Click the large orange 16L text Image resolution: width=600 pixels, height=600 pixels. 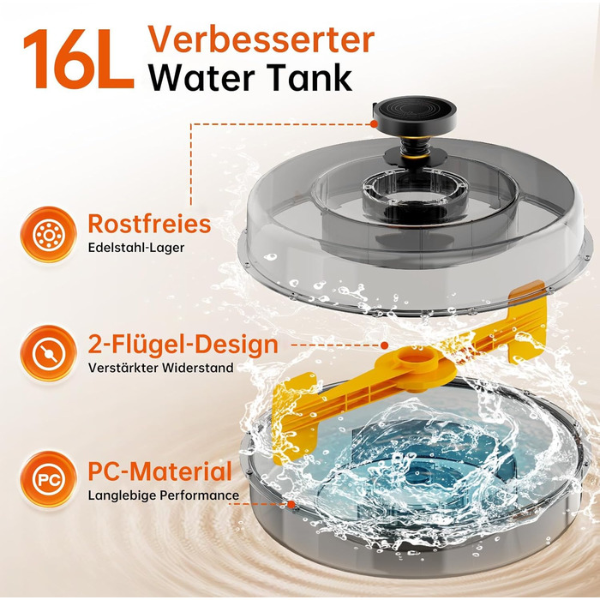[79, 58]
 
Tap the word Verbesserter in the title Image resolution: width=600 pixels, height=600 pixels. [261, 39]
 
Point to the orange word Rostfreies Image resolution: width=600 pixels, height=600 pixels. [149, 224]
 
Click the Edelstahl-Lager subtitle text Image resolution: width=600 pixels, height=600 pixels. [136, 248]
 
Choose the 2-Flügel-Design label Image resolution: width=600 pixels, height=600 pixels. [183, 344]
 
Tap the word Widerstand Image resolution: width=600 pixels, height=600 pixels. [197, 368]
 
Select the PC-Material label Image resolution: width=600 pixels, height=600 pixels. [160, 471]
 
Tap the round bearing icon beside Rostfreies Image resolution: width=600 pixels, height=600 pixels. [49, 234]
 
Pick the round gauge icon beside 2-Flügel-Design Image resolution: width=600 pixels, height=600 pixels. [49, 352]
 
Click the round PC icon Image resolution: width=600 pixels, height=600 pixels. [49, 478]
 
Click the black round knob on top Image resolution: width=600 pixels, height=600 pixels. [414, 112]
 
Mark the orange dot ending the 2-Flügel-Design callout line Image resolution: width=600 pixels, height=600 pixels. [385, 345]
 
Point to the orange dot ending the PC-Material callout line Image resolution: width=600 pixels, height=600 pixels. [291, 504]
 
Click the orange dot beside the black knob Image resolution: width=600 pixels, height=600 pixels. [375, 123]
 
